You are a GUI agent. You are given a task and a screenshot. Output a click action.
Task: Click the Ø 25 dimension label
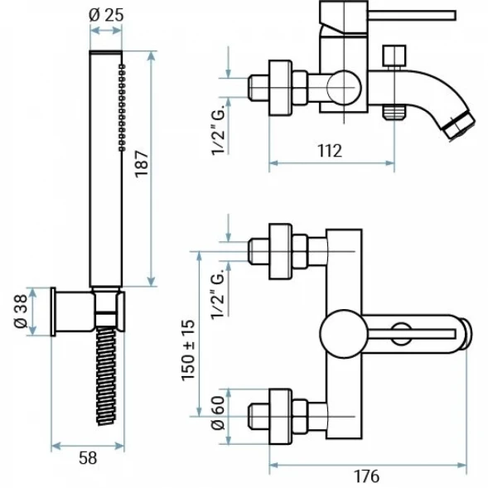pyautogui.click(x=106, y=15)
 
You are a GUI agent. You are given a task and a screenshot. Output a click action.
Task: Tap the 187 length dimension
pyautogui.click(x=142, y=164)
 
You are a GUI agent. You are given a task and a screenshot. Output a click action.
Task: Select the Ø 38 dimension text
pyautogui.click(x=22, y=312)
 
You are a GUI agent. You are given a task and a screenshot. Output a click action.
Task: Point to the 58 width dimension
pyautogui.click(x=88, y=458)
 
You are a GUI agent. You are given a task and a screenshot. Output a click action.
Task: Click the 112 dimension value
pyautogui.click(x=330, y=151)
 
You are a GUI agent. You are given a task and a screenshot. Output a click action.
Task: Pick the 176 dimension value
pyautogui.click(x=367, y=476)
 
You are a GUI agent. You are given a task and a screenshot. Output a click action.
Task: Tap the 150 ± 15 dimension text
pyautogui.click(x=188, y=350)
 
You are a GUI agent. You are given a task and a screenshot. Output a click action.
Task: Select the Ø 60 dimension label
pyautogui.click(x=218, y=413)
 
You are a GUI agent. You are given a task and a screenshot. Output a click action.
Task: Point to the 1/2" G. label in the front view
pyautogui.click(x=218, y=292)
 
